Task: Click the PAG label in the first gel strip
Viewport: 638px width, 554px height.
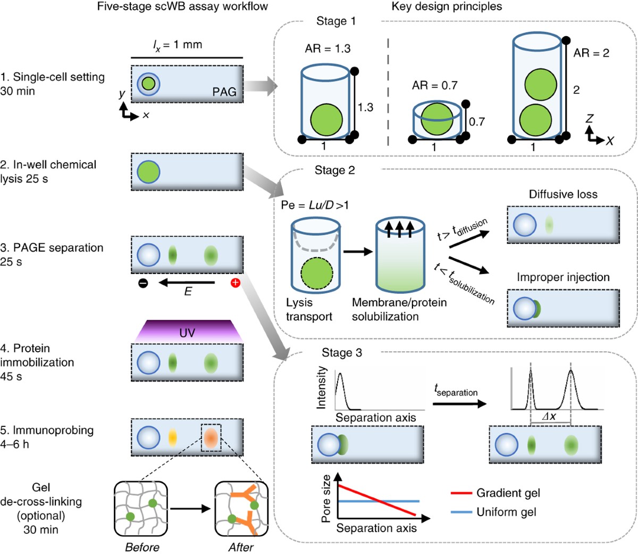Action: click(224, 92)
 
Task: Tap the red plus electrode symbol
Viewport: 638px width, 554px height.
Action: click(235, 283)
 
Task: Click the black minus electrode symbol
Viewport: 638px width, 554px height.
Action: click(143, 283)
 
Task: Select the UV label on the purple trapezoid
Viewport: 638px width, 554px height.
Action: click(187, 333)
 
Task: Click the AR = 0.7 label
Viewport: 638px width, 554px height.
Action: click(434, 85)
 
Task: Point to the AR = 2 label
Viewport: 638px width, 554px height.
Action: click(591, 53)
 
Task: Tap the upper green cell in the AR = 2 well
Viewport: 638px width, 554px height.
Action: click(540, 84)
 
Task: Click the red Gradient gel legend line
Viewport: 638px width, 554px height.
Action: click(461, 493)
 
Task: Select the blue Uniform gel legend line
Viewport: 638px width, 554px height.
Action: click(461, 512)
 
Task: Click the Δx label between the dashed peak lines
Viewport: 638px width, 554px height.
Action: click(549, 416)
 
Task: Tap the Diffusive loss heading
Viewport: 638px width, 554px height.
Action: click(563, 194)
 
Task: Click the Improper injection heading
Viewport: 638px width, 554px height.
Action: click(563, 277)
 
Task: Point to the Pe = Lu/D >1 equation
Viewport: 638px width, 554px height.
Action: click(315, 205)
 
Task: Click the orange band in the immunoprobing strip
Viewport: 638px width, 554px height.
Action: click(211, 437)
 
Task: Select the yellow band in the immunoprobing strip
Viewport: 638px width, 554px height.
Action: click(172, 437)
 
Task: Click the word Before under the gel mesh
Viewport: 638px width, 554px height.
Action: click(142, 547)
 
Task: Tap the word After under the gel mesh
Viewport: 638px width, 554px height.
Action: click(241, 547)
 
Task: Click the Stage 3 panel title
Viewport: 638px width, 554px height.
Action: click(342, 352)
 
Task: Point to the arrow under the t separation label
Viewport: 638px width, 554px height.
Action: click(460, 404)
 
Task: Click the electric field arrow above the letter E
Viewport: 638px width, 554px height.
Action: click(187, 283)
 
